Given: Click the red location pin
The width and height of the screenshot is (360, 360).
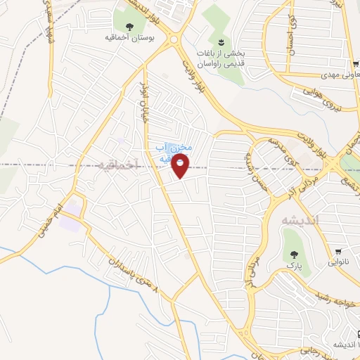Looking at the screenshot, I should pos(181,166).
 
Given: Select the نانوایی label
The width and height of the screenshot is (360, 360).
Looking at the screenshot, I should pos(340,262).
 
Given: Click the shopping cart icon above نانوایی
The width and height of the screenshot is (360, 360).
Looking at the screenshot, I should pos(340,251).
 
